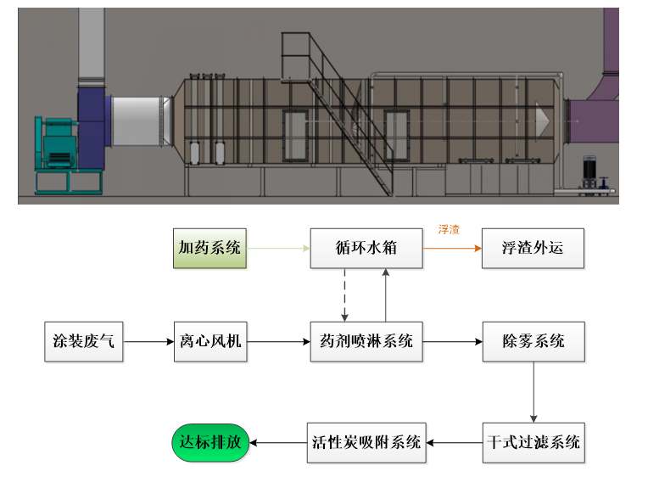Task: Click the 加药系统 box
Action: pyautogui.click(x=209, y=249)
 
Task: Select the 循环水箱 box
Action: pyautogui.click(x=366, y=249)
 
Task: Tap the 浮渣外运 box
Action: pyautogui.click(x=533, y=249)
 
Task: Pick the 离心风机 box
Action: pyautogui.click(x=210, y=342)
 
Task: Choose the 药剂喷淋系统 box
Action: pyautogui.click(x=366, y=342)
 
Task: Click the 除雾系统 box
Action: pyautogui.click(x=533, y=342)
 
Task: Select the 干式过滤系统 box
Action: pyautogui.click(x=533, y=442)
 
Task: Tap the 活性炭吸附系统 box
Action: pyautogui.click(x=366, y=442)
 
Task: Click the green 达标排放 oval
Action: pyautogui.click(x=211, y=442)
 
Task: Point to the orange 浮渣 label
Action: pyautogui.click(x=449, y=230)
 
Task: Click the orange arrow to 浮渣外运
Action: pyautogui.click(x=451, y=249)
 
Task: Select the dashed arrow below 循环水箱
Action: pyautogui.click(x=345, y=295)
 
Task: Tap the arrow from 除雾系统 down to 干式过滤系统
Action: pyautogui.click(x=533, y=392)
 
